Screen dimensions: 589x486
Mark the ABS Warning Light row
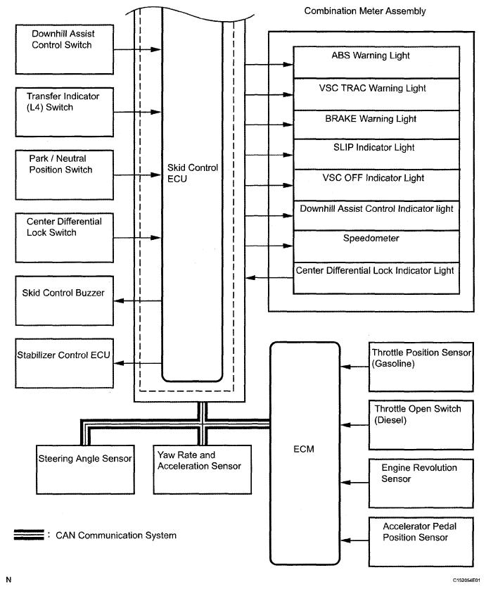[376, 62]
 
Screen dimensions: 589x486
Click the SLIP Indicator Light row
[376, 153]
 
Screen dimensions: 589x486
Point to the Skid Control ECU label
[193, 173]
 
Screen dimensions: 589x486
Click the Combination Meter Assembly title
[364, 12]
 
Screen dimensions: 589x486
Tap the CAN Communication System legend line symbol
[27, 536]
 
